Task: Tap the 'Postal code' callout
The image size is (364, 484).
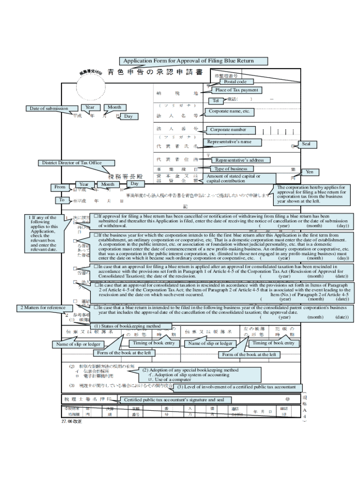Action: pyautogui.click(x=235, y=82)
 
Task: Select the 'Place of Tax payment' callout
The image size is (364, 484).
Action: pyautogui.click(x=237, y=90)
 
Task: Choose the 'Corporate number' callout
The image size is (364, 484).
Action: pyautogui.click(x=228, y=130)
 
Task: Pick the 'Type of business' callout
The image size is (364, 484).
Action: pyautogui.click(x=231, y=169)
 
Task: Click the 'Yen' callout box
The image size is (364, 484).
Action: pyautogui.click(x=310, y=172)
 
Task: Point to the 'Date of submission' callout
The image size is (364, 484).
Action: pyautogui.click(x=49, y=109)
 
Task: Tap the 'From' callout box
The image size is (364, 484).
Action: pyautogui.click(x=60, y=187)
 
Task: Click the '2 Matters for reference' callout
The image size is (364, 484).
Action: pyautogui.click(x=43, y=308)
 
